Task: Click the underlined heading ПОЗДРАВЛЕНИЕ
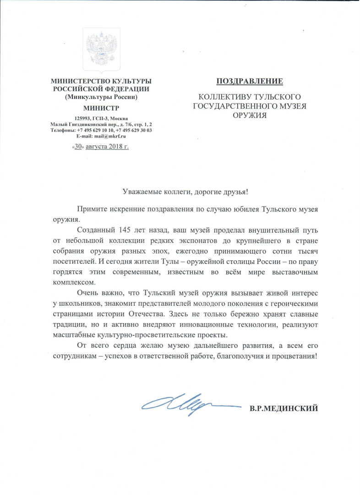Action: (250, 82)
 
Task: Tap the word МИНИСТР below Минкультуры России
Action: (101, 108)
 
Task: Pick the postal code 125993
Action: (77, 119)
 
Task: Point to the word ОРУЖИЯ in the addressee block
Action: (250, 115)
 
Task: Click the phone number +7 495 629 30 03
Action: (135, 130)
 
